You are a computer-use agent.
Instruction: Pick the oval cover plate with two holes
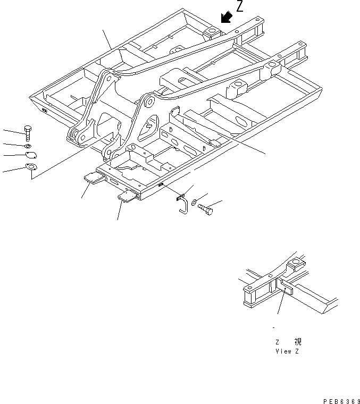click(x=31, y=156)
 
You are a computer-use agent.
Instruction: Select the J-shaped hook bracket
click(x=182, y=202)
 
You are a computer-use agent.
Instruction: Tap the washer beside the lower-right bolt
click(x=195, y=203)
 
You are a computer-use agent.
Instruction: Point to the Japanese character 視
click(x=297, y=343)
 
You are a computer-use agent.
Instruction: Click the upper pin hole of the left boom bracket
click(x=109, y=78)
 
